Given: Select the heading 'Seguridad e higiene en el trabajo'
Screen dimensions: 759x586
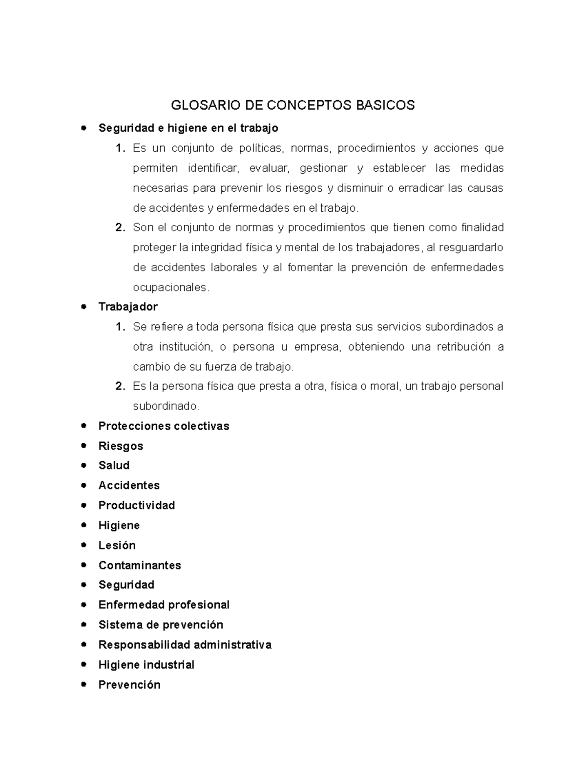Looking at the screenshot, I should [188, 128].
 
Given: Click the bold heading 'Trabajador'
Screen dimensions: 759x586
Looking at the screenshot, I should [128, 307].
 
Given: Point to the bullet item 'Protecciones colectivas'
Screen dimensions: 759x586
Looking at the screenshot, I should [164, 426].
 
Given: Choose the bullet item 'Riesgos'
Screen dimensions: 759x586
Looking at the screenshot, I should [121, 446].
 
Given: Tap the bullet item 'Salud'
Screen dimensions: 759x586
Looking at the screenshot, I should [114, 465].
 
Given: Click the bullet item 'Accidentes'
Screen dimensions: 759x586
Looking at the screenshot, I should [129, 485].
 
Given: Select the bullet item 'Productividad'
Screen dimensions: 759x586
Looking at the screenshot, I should [137, 505].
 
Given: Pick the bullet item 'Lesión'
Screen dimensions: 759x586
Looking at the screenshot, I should [117, 545].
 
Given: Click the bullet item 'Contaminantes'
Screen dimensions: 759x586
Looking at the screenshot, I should [140, 565].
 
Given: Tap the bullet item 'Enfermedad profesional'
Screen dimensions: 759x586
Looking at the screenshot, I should [164, 605].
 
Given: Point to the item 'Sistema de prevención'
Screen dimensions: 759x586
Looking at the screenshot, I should [161, 625].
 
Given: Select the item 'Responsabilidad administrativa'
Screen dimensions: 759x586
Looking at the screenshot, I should [185, 645].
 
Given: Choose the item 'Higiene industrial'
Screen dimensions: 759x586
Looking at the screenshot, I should [146, 665].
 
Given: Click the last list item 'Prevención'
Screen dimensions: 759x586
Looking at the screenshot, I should [129, 685].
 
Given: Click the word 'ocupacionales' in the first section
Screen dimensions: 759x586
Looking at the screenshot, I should [170, 288].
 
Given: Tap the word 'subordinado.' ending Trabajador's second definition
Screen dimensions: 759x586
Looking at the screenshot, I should [166, 406].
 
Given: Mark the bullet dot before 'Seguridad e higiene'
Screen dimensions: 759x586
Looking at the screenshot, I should [84, 128].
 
